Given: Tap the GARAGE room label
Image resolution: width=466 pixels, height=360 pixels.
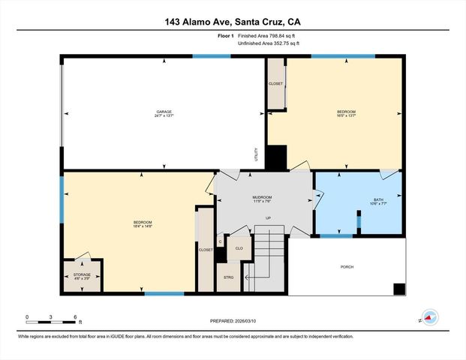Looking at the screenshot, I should (x=164, y=112).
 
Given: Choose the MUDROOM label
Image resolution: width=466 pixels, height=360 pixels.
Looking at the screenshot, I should (x=261, y=199).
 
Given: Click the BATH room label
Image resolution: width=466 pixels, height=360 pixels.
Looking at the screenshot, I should (x=378, y=200).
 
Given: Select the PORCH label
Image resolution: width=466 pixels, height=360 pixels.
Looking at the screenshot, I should (x=347, y=267).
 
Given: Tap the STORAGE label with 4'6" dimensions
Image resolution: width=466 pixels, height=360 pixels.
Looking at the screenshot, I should (x=82, y=275).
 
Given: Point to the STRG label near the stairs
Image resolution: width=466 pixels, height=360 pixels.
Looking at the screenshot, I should (x=228, y=277).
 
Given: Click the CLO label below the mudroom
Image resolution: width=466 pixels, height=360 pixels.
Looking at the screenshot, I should (x=239, y=248).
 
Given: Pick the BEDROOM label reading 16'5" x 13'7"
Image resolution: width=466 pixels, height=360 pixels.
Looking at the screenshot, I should (x=346, y=112).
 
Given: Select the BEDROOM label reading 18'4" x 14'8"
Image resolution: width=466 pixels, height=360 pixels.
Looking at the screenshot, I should (x=143, y=223).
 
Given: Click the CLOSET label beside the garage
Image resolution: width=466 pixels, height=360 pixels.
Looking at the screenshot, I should (x=275, y=83).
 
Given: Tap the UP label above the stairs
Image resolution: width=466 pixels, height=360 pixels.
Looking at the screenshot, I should (x=267, y=218).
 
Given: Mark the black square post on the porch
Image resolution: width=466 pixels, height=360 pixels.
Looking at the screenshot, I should (x=399, y=289).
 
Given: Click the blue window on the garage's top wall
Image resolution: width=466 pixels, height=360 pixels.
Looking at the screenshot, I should (x=211, y=56).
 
